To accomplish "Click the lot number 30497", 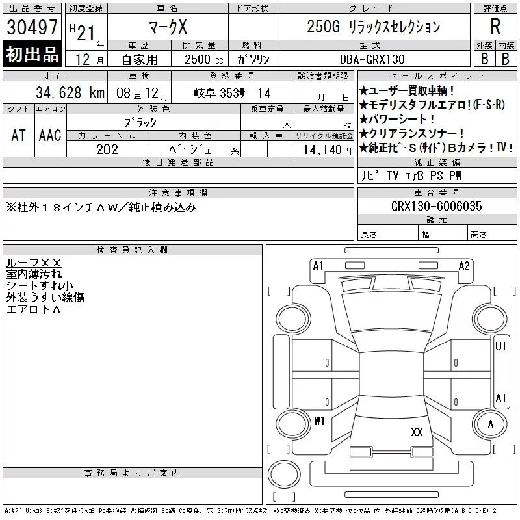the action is [x=32, y=27].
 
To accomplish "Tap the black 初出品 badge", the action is [x=32, y=54].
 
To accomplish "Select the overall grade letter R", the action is [x=495, y=27].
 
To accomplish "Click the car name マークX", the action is [x=168, y=27].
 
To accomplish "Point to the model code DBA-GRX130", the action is [x=372, y=59].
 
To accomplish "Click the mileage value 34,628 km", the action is [x=70, y=93].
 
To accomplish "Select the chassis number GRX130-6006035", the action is [x=436, y=206].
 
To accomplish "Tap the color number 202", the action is [x=107, y=149].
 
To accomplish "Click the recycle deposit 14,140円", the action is [x=327, y=150].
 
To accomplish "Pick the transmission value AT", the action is [x=19, y=135].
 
